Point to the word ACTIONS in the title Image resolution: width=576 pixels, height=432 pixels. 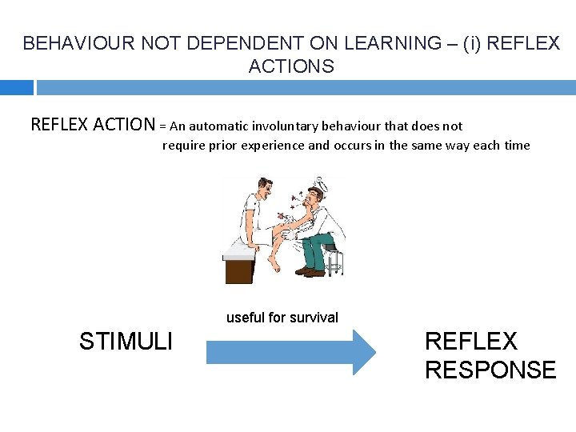tap(291, 67)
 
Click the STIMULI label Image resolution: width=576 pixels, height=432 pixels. tap(126, 342)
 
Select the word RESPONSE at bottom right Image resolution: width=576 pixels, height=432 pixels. tap(490, 370)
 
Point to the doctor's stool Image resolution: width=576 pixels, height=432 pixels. tap(334, 260)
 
